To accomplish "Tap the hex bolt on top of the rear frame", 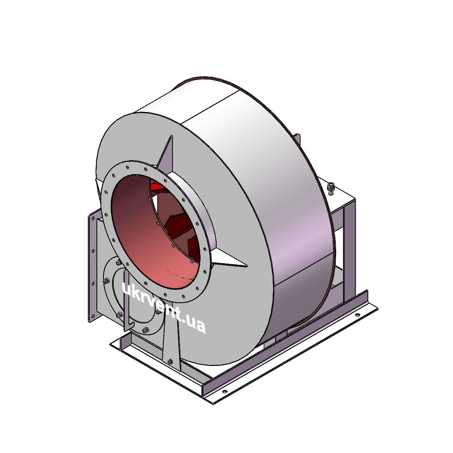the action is [x=331, y=189].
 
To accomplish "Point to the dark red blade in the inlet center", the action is [x=177, y=222].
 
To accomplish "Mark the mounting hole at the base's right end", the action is [x=357, y=315].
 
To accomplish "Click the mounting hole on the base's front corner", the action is [x=224, y=392].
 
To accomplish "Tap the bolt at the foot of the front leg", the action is [x=170, y=361].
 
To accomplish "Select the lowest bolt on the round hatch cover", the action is [x=146, y=329].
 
